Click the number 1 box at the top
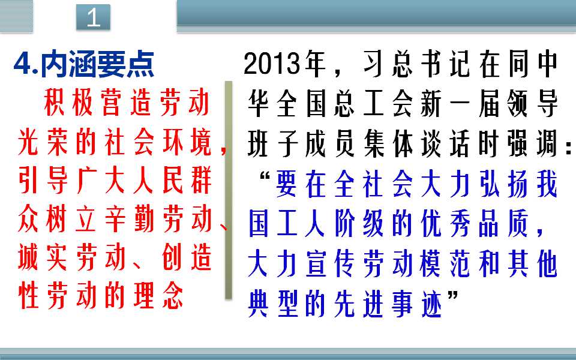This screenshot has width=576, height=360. point(94,17)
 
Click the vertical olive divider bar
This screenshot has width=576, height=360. point(229,190)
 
